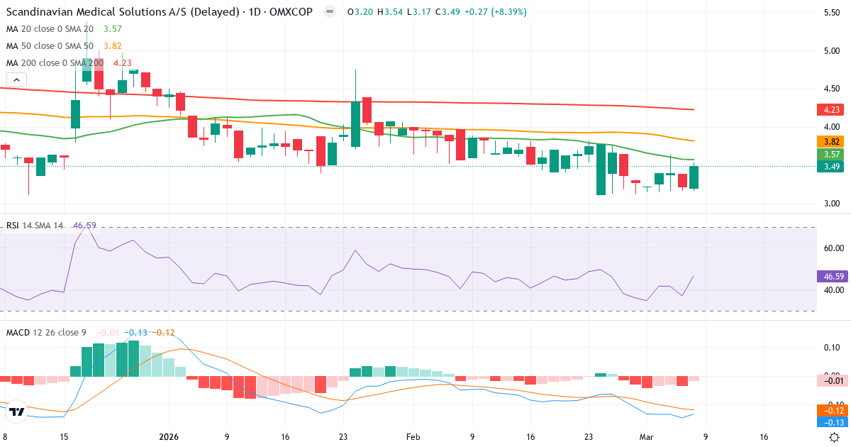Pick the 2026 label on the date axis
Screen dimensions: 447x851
pos(169,437)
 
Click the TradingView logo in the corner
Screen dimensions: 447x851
pos(18,411)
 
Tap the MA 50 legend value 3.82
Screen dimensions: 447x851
pos(112,45)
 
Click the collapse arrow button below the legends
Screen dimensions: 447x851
pos(16,79)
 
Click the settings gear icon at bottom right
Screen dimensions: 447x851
pos(835,437)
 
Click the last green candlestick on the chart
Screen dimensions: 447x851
pos(694,177)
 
